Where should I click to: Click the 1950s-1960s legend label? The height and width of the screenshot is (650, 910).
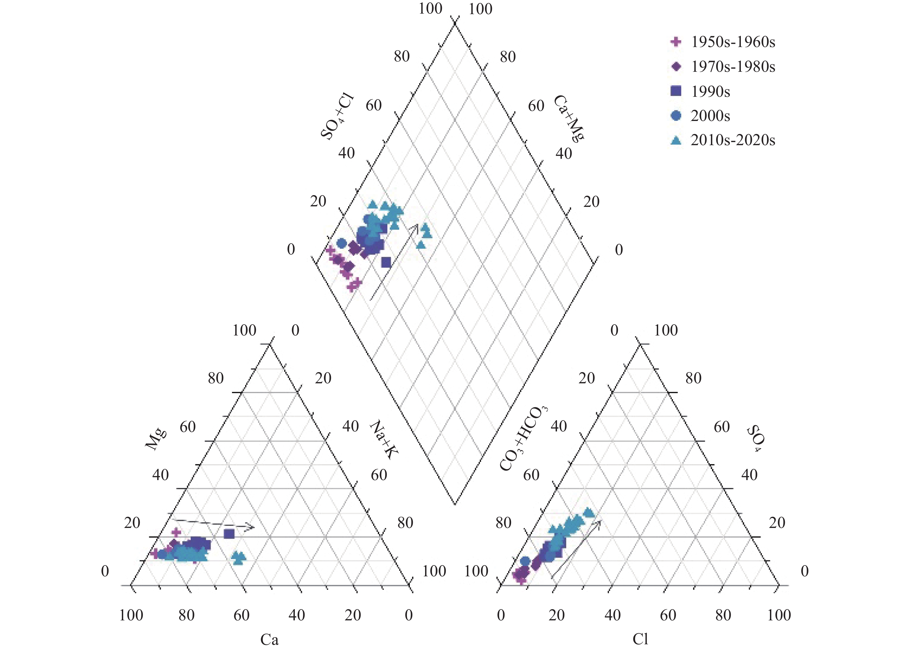[733, 42]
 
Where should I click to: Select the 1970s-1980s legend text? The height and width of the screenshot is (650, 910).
[733, 67]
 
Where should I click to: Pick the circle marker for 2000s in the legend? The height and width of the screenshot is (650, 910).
[676, 116]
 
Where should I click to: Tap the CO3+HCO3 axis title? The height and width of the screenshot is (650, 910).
[523, 439]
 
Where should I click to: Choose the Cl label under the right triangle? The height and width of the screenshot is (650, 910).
[640, 639]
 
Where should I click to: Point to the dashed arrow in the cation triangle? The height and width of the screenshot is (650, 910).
[214, 524]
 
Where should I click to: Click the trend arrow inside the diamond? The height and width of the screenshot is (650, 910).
[394, 262]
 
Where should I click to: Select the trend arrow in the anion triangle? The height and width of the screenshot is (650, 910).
[577, 549]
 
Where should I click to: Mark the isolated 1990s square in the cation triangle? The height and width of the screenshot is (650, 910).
[229, 534]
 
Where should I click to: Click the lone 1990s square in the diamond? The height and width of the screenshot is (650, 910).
[386, 262]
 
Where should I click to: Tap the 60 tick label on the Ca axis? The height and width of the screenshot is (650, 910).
[242, 615]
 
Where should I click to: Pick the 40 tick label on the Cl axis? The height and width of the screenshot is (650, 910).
[612, 615]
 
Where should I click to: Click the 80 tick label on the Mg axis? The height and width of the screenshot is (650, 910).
[215, 378]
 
